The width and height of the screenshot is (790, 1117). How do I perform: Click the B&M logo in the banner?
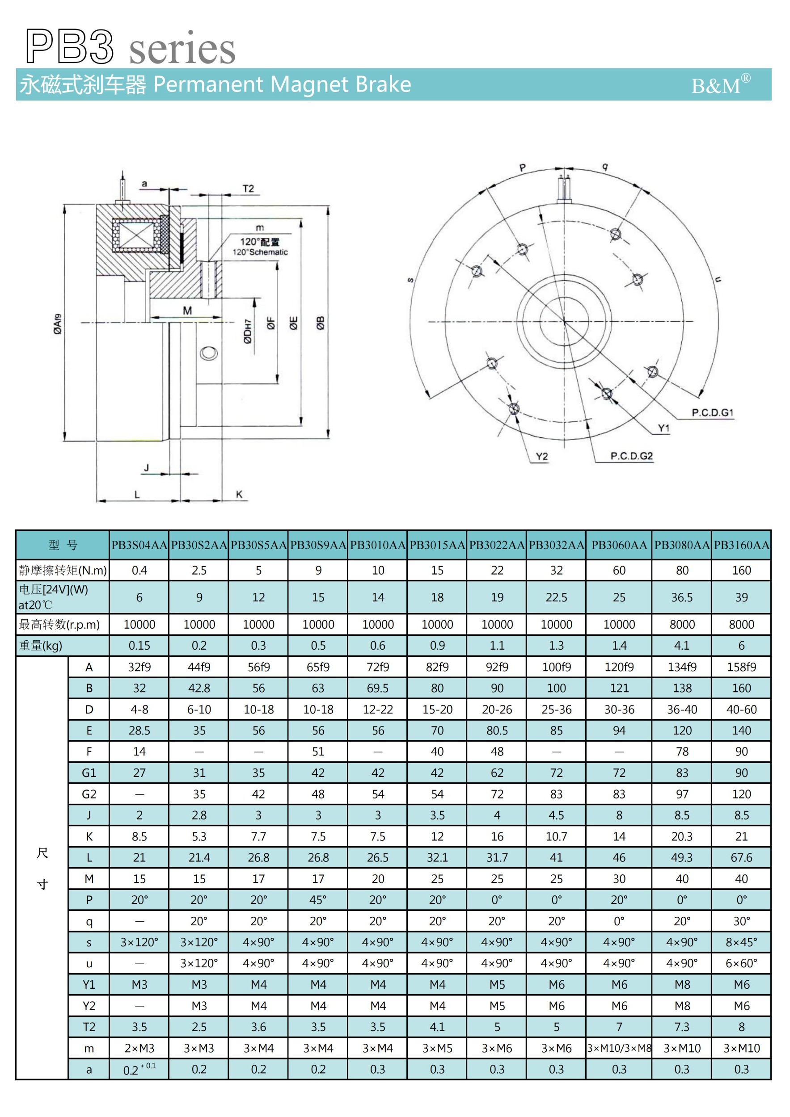pos(720,86)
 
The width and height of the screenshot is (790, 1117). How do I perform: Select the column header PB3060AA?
pos(619,545)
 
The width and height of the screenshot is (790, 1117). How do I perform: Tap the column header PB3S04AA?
pos(139,545)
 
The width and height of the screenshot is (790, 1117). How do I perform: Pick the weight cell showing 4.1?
pos(681,646)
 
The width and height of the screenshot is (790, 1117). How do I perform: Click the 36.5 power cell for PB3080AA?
pos(681,597)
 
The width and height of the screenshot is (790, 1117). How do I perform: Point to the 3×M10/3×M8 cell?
pos(619,1048)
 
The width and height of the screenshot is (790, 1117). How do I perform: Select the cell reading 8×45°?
pos(741,942)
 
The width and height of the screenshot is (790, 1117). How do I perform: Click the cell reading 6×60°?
pos(741,963)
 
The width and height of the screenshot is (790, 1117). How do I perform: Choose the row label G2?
pos(89,794)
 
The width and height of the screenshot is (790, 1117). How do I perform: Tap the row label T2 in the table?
pos(89,1027)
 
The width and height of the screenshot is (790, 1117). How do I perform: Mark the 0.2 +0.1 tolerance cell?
pos(139,1069)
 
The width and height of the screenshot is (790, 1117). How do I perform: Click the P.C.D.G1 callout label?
pos(712,412)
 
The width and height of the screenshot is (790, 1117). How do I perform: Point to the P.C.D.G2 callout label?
pos(631,456)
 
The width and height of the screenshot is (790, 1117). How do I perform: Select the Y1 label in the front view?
pos(663,428)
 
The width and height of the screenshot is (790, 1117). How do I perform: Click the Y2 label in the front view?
pos(541,456)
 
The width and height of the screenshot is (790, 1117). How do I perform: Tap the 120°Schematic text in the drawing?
pos(259,252)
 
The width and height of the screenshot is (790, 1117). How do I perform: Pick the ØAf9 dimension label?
pos(57,324)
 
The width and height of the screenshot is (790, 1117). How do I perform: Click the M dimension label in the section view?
pos(187,311)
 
